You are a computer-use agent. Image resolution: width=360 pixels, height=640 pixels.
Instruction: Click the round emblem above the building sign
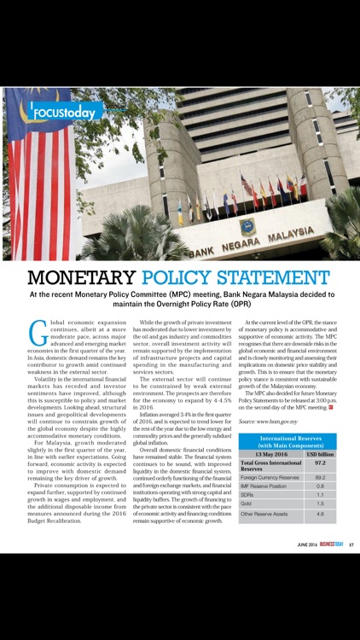(x=248, y=226)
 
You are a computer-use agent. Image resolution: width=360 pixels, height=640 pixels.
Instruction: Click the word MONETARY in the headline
(x=81, y=278)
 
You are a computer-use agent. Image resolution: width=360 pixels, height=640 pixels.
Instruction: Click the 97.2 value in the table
(x=320, y=466)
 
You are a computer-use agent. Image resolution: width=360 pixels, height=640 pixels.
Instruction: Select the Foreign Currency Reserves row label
(x=270, y=477)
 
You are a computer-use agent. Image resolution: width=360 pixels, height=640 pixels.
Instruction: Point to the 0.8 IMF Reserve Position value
(x=320, y=486)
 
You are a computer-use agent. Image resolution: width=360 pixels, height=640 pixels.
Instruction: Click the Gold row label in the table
(x=247, y=503)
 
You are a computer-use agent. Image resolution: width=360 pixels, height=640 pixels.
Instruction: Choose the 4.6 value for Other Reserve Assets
(x=320, y=515)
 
